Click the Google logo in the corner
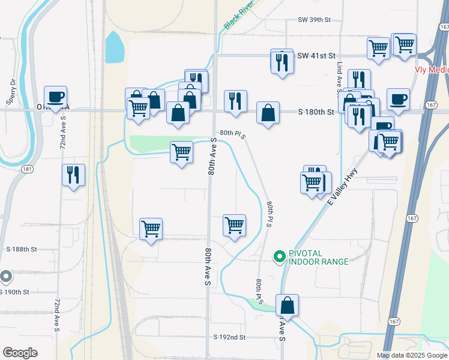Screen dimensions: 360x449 tap(20, 353)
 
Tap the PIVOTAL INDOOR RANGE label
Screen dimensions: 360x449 tap(318, 257)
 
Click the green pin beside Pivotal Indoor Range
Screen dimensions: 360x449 tap(279, 257)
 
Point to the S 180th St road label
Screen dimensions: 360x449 tap(316, 112)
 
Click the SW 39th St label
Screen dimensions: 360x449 tap(314, 20)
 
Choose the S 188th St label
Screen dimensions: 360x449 tap(22, 248)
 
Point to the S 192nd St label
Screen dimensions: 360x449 tap(229, 337)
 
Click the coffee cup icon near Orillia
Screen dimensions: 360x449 tap(56, 97)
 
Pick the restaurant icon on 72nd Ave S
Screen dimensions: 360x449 tap(73, 175)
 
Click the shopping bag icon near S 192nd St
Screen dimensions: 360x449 tap(288, 305)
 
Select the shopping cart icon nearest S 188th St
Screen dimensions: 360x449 tap(151, 228)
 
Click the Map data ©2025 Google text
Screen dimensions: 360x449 tap(411, 355)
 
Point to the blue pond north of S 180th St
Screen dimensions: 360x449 tap(114, 47)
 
